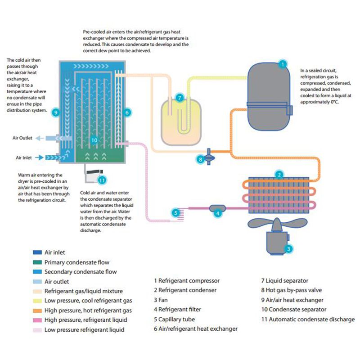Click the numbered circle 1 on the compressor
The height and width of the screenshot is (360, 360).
click(x=282, y=64)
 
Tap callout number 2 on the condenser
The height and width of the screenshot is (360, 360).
click(x=279, y=175)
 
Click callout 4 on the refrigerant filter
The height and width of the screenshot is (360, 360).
click(x=218, y=213)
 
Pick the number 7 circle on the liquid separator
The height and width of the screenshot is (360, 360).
click(x=179, y=97)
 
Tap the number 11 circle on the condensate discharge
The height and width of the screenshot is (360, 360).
click(x=102, y=180)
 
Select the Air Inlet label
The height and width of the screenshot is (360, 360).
click(x=23, y=158)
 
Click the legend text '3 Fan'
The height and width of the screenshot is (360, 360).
click(x=165, y=300)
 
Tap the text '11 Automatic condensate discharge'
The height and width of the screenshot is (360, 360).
click(x=308, y=319)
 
